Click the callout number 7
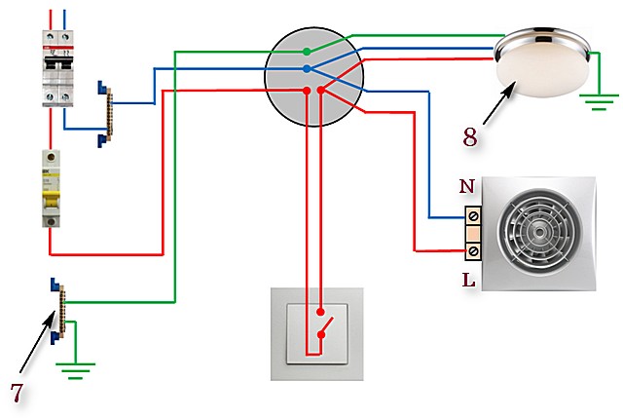[17, 393]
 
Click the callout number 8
[470, 137]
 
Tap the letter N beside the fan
[467, 186]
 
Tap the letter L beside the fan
[469, 280]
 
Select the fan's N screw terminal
[473, 216]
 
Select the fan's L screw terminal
[473, 251]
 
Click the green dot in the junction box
[307, 52]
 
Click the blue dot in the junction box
[307, 69]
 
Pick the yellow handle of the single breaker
[51, 199]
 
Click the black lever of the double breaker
[58, 62]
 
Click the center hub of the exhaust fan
[539, 232]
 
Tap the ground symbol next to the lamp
[599, 101]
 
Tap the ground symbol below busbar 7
[76, 370]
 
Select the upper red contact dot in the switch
[320, 312]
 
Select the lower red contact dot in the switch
[321, 335]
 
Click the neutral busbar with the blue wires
[105, 115]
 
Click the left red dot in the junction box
[307, 91]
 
